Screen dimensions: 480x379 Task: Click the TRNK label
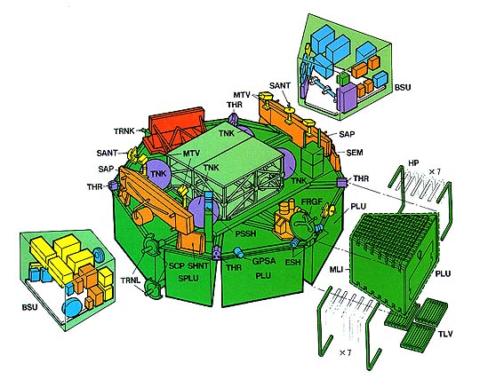click(124, 131)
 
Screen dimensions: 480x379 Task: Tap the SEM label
click(355, 152)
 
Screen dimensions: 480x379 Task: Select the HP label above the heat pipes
click(413, 163)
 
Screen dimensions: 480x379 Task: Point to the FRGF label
click(312, 201)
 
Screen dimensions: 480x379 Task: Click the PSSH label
click(245, 233)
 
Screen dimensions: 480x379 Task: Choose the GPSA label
click(264, 261)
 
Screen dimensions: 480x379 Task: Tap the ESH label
click(292, 262)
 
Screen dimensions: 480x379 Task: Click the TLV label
click(444, 334)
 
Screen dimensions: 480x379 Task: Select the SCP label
click(177, 266)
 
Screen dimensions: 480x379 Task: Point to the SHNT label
click(197, 266)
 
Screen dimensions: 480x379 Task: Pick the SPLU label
click(188, 279)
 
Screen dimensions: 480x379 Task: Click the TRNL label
click(131, 280)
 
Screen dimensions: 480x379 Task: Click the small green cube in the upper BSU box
click(343, 78)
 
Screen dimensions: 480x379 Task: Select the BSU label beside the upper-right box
click(403, 87)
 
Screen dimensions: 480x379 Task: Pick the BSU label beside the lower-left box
click(29, 307)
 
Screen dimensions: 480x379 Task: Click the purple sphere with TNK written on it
click(157, 174)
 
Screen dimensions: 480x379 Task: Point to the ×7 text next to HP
click(435, 172)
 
